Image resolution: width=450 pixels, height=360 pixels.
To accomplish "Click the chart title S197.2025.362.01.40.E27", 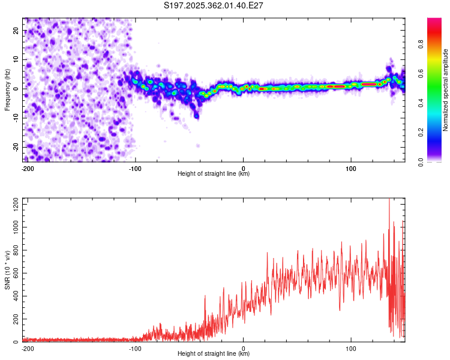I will pyautogui.click(x=214, y=5).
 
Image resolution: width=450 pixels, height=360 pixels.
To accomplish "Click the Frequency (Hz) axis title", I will pyautogui.click(x=7, y=89).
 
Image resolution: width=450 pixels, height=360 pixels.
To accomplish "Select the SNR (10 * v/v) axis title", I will pyautogui.click(x=7, y=270).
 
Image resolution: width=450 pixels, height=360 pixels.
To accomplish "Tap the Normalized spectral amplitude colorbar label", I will pyautogui.click(x=446, y=89).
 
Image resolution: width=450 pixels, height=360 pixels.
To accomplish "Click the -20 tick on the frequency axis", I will pyautogui.click(x=15, y=147).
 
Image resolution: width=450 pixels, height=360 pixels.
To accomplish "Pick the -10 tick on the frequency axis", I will pyautogui.click(x=15, y=118).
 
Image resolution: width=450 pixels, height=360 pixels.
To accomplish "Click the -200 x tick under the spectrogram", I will pyautogui.click(x=27, y=168).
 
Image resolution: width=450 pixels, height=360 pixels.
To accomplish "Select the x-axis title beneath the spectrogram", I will pyautogui.click(x=214, y=173).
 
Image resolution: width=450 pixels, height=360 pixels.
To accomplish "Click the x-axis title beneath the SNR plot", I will pyautogui.click(x=214, y=353).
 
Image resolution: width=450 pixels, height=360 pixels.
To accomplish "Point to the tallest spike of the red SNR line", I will pyautogui.click(x=389, y=200).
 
